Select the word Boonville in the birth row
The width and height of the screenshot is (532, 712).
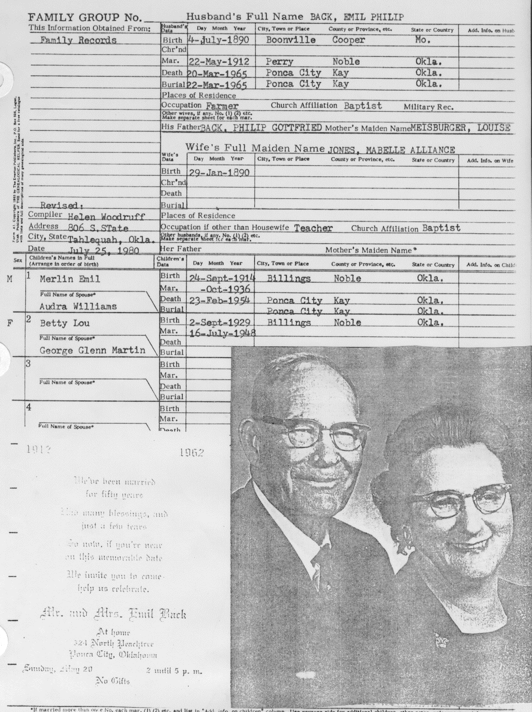pyautogui.click(x=291, y=40)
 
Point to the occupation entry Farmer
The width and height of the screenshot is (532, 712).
pyautogui.click(x=222, y=106)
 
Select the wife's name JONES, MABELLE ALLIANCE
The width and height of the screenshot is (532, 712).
pyautogui.click(x=391, y=150)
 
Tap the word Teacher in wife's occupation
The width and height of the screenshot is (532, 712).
pyautogui.click(x=313, y=228)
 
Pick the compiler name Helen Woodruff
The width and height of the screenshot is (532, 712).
pyautogui.click(x=106, y=216)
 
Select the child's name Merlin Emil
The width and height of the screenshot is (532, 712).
pyautogui.click(x=70, y=279)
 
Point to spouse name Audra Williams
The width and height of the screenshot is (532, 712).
pyautogui.click(x=78, y=306)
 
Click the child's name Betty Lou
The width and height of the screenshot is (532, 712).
pyautogui.click(x=64, y=323)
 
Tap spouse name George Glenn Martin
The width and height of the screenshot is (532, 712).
pyautogui.click(x=92, y=350)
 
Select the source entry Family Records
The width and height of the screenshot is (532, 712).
pyautogui.click(x=78, y=40)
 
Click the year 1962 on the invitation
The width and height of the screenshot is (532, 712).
pyautogui.click(x=191, y=453)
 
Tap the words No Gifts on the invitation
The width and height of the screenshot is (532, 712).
pyautogui.click(x=112, y=681)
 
